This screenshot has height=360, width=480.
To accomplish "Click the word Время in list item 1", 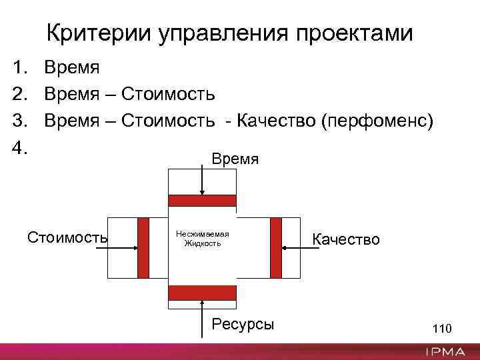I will (x=71, y=67).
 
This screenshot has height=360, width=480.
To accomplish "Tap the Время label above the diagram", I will (x=235, y=158).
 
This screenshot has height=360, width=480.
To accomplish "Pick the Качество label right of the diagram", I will (x=347, y=239).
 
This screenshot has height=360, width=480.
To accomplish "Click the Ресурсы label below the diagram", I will (x=242, y=324).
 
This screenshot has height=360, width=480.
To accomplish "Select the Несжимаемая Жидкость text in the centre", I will (x=203, y=239).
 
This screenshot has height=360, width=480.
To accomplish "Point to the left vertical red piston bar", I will (x=143, y=247).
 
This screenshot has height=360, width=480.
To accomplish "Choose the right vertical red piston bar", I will (x=276, y=247).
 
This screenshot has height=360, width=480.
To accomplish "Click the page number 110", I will (x=442, y=329).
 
